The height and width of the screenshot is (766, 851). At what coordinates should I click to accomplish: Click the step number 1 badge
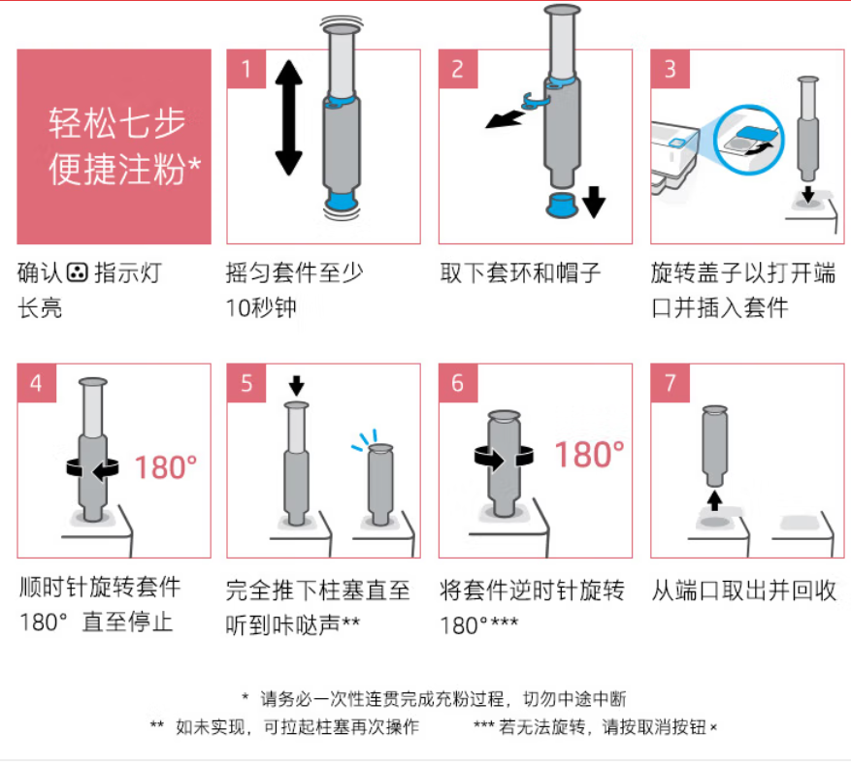point(246,69)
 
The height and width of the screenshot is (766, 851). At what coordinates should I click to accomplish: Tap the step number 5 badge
point(246,383)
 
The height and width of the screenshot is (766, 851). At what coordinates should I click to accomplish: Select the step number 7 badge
point(671,383)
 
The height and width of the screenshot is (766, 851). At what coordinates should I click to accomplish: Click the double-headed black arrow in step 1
point(288,117)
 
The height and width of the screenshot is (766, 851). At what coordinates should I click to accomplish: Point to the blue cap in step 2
point(561,205)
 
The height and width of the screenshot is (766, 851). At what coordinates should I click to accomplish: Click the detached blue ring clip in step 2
point(535,101)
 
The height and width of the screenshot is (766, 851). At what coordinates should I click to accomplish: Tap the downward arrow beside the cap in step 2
point(594,202)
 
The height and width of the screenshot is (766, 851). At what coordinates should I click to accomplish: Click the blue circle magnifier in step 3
point(749,139)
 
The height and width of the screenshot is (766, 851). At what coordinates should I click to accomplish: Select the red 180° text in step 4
point(166,467)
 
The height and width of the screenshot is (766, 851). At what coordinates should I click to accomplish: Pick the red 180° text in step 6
point(589,455)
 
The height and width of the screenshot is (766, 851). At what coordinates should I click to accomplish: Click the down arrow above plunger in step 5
point(296,386)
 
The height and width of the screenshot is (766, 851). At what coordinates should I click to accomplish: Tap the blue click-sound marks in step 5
point(364,440)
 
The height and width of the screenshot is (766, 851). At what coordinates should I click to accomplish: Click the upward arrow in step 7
point(715,500)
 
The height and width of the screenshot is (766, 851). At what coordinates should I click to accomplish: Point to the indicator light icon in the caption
point(77,272)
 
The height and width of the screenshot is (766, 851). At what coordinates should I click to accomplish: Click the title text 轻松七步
point(116,122)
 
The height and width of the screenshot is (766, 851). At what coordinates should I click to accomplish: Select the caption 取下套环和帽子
point(520,272)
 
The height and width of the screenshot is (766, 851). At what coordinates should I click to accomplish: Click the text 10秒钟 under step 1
point(261,308)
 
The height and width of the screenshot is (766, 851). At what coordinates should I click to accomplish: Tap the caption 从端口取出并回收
point(744,590)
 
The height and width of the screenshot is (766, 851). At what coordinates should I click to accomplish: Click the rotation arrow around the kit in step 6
point(504,458)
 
